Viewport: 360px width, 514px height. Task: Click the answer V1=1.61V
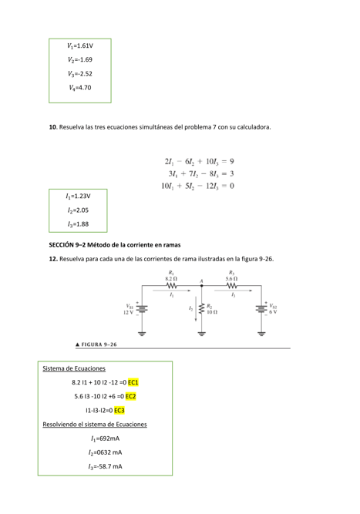(x=79, y=45)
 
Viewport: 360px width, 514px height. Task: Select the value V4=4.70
(x=79, y=88)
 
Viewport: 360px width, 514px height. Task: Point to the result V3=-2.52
(x=79, y=73)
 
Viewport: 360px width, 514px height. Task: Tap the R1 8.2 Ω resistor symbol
(x=171, y=285)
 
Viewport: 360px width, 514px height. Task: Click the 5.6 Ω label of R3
(x=231, y=277)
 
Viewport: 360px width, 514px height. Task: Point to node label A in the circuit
(x=201, y=281)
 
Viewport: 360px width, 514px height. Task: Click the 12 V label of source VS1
(x=128, y=312)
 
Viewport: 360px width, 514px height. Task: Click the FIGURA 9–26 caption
(x=96, y=344)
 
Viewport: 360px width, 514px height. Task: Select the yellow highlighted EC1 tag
(x=133, y=382)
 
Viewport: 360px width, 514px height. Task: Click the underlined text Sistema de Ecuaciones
(x=73, y=368)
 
